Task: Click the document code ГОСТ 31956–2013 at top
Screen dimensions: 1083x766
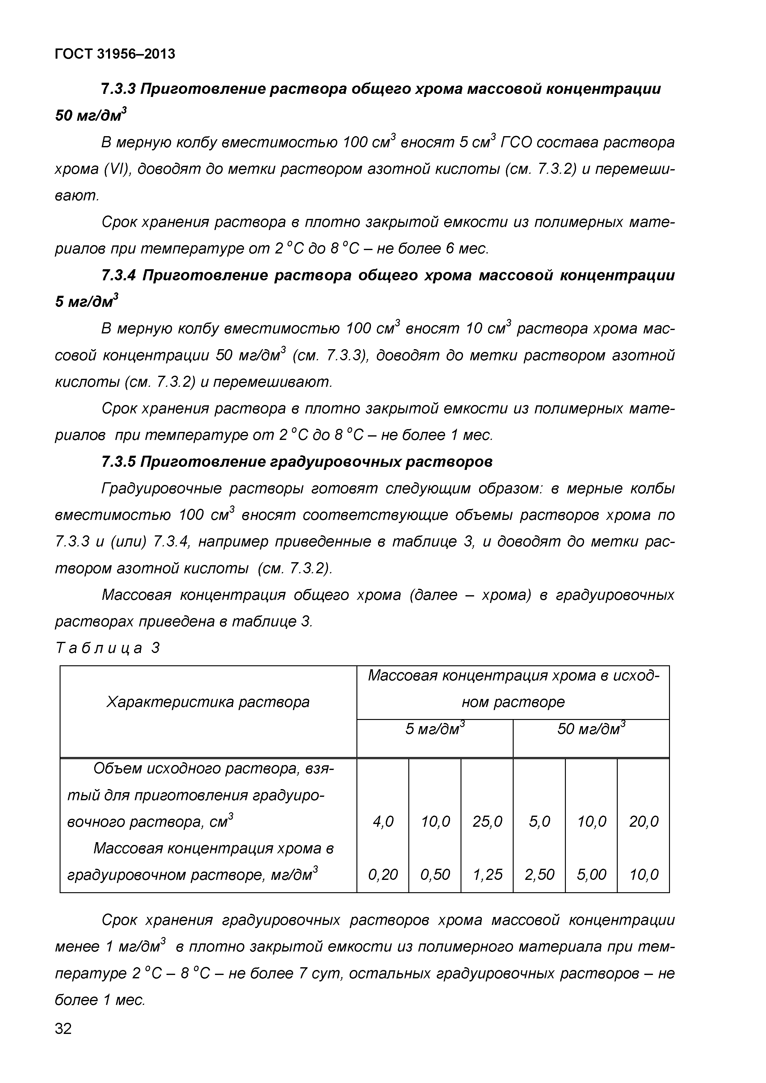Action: pyautogui.click(x=115, y=54)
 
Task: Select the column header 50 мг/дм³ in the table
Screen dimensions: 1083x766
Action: pyautogui.click(x=591, y=729)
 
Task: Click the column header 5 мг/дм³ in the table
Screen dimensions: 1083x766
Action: pyautogui.click(x=435, y=729)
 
